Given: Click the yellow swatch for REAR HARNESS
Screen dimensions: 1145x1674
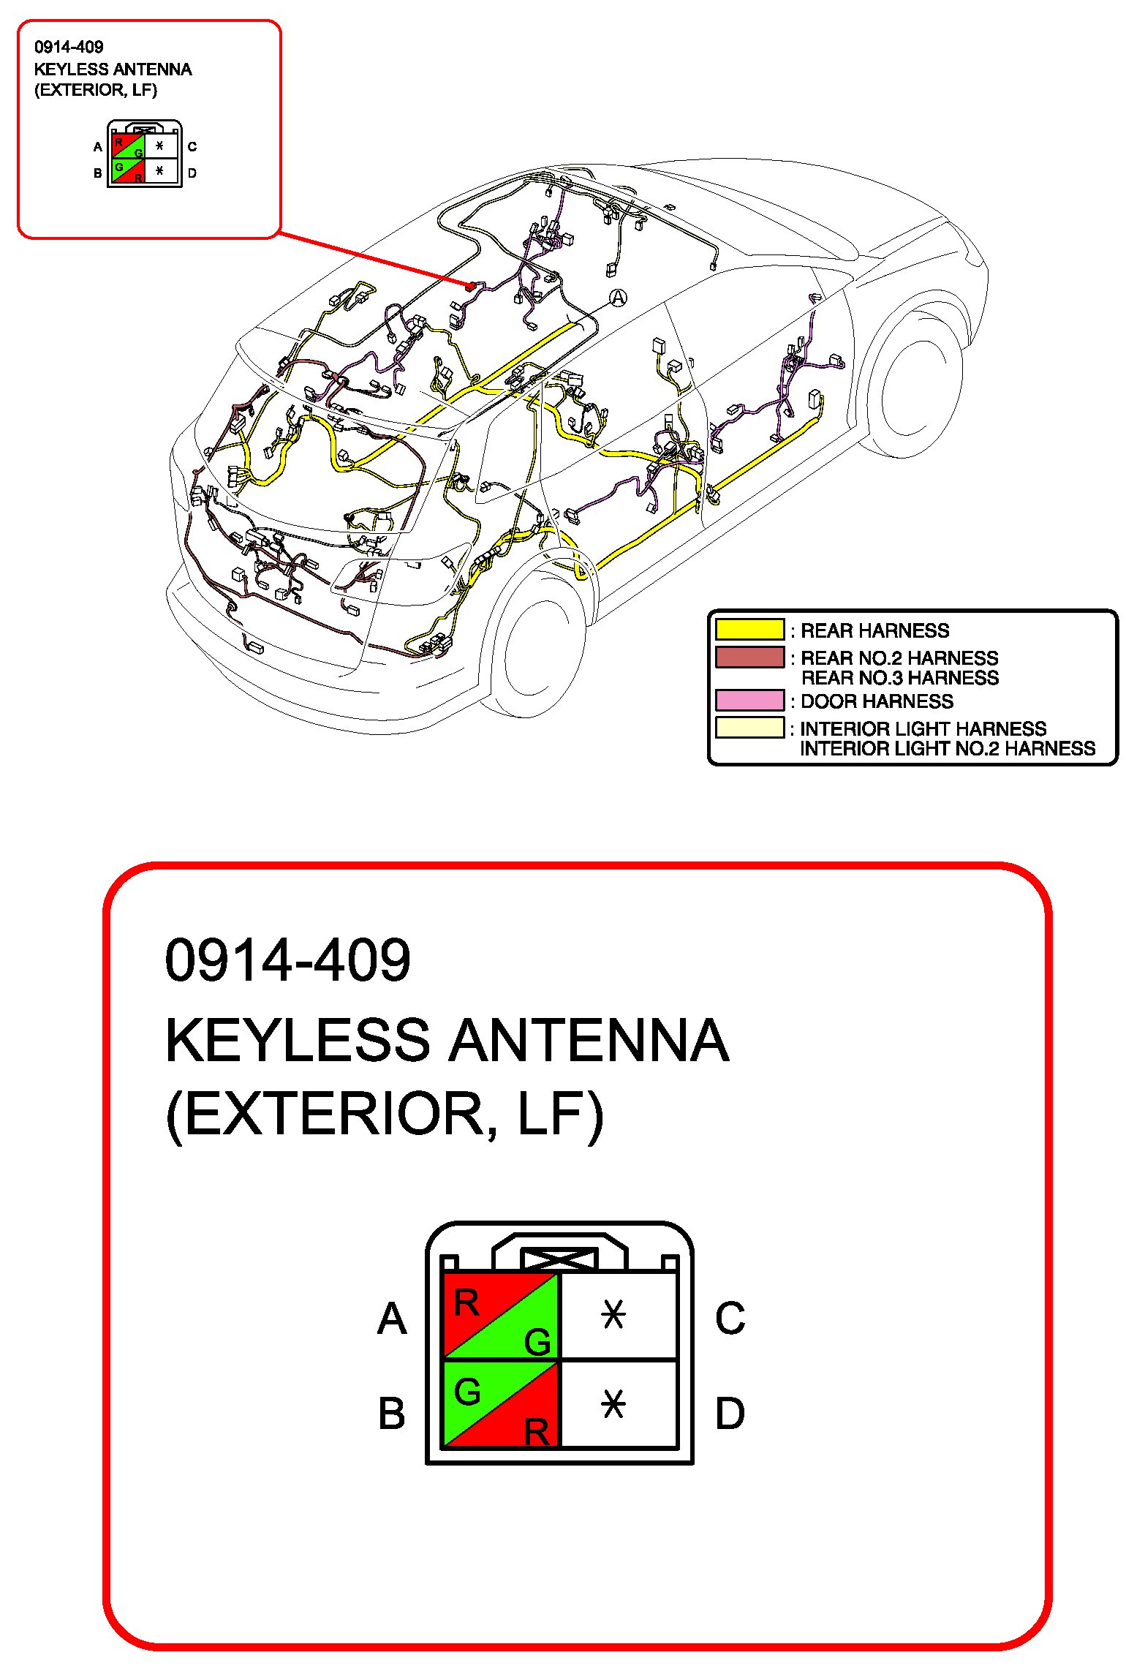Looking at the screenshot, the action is click(749, 630).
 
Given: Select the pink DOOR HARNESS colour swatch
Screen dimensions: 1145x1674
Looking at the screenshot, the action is click(749, 701).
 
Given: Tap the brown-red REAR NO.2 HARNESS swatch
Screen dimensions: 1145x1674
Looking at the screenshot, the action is click(749, 657).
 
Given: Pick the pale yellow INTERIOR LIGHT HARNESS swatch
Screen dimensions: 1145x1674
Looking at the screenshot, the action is click(749, 728).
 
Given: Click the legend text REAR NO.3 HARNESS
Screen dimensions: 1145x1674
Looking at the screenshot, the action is click(899, 678).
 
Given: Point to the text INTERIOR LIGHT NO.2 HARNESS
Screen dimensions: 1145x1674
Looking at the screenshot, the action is click(948, 749).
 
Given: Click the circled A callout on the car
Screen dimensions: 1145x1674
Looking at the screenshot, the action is click(618, 298).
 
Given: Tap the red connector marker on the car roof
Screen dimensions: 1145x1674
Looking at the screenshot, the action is click(472, 286).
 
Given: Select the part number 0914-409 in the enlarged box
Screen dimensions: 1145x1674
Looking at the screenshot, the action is click(287, 959).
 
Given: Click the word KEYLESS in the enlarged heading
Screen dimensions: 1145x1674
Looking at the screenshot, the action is click(297, 1040).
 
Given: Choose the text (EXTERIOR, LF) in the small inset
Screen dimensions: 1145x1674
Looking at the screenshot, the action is click(96, 90).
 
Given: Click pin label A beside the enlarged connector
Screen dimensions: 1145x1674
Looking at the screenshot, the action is click(392, 1319).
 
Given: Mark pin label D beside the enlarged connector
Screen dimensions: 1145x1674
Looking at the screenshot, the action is click(730, 1413).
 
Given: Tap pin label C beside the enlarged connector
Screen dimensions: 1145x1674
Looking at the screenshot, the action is click(730, 1319).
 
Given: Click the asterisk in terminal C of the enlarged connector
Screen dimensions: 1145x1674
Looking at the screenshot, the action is click(613, 1316).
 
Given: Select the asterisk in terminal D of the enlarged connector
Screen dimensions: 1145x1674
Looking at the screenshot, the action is click(613, 1405).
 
